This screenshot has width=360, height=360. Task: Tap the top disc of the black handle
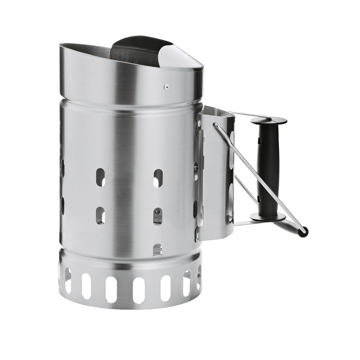(269, 120)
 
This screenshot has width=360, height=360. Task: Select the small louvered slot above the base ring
(157, 248)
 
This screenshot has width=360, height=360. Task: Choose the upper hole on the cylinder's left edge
(63, 167)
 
